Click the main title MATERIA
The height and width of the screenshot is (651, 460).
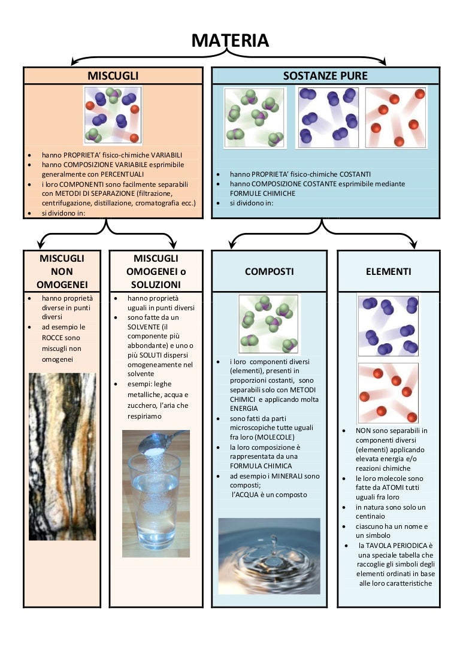click(230, 41)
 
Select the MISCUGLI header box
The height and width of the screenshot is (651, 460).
click(113, 76)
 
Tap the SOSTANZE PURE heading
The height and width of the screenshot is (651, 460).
click(325, 76)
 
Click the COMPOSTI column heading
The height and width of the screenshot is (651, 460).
click(270, 271)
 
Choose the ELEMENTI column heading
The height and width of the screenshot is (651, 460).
click(388, 271)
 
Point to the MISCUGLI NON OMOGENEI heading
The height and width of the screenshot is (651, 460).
click(62, 271)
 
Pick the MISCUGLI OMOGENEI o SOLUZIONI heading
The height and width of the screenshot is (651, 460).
click(156, 271)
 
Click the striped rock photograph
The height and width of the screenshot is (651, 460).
click(62, 455)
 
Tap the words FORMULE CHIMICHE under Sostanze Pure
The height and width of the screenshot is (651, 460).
click(262, 193)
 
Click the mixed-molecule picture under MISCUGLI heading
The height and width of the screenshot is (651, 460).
click(113, 114)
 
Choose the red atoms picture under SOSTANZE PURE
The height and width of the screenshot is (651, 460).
click(395, 117)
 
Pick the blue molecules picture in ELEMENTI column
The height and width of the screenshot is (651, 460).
click(388, 326)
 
